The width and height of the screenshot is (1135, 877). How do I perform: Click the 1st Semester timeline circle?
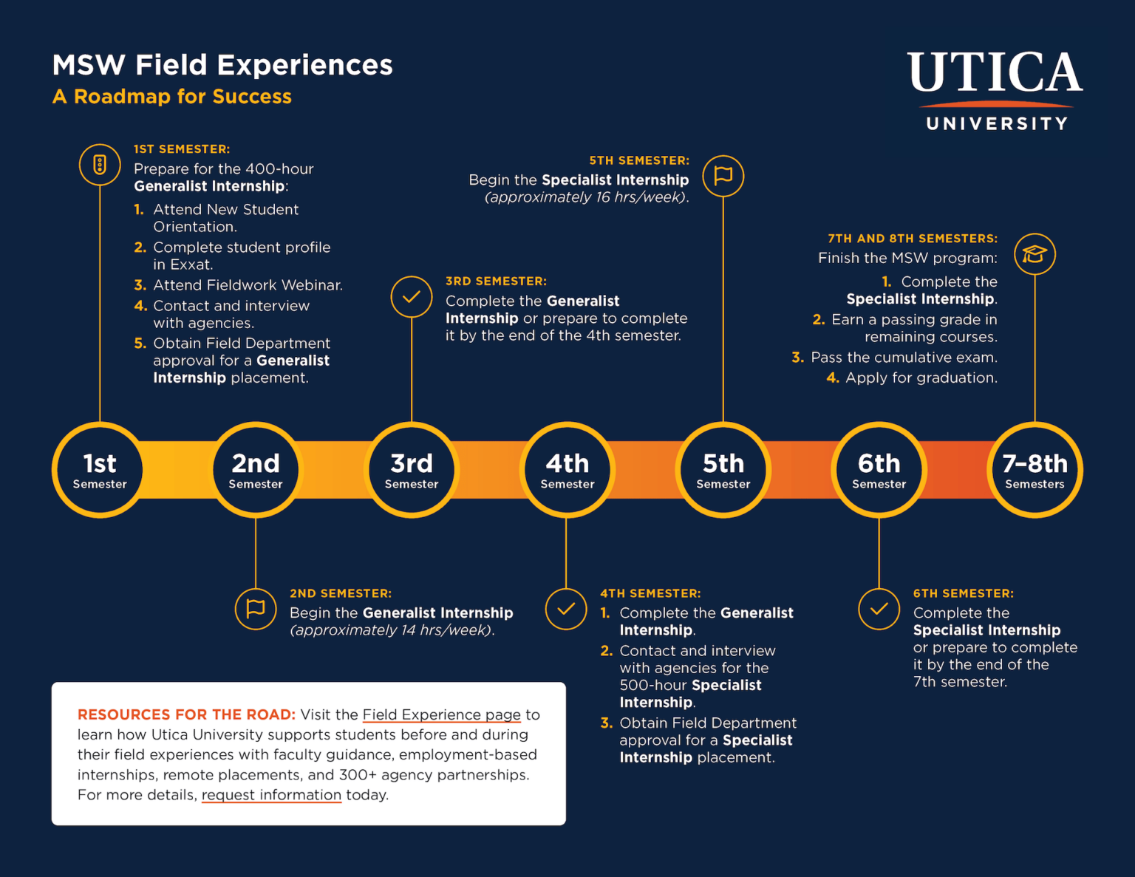click(x=100, y=470)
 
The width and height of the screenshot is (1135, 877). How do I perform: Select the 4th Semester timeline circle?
click(x=567, y=470)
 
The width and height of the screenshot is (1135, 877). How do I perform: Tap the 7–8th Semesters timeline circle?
click(x=1035, y=470)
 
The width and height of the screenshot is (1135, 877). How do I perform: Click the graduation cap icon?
click(x=1035, y=254)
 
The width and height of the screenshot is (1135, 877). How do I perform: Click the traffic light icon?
click(x=100, y=165)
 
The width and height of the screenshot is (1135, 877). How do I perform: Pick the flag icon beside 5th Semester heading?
click(x=723, y=176)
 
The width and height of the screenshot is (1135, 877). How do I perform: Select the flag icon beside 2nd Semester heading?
click(x=256, y=609)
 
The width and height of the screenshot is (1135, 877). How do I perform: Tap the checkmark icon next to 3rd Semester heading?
click(x=412, y=297)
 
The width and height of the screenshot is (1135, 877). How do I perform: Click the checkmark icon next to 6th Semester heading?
click(x=879, y=609)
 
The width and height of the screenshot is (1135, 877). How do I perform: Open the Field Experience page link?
click(x=441, y=714)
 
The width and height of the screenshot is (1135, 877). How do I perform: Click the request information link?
click(x=271, y=795)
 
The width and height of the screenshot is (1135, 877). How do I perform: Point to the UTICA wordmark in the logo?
click(x=995, y=72)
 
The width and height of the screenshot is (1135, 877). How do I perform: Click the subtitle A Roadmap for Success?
click(x=172, y=97)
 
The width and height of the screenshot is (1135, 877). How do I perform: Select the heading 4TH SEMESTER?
click(x=650, y=593)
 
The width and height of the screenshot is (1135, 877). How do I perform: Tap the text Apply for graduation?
click(x=921, y=378)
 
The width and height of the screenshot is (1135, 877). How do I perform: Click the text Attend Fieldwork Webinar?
click(x=248, y=285)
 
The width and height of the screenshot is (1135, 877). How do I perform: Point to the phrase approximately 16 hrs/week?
click(x=587, y=197)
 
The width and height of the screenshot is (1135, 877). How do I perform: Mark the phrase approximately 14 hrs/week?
click(x=392, y=630)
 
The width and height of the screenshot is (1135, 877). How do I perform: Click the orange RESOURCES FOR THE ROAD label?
click(x=186, y=714)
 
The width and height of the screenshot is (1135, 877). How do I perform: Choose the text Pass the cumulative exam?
click(x=904, y=358)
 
